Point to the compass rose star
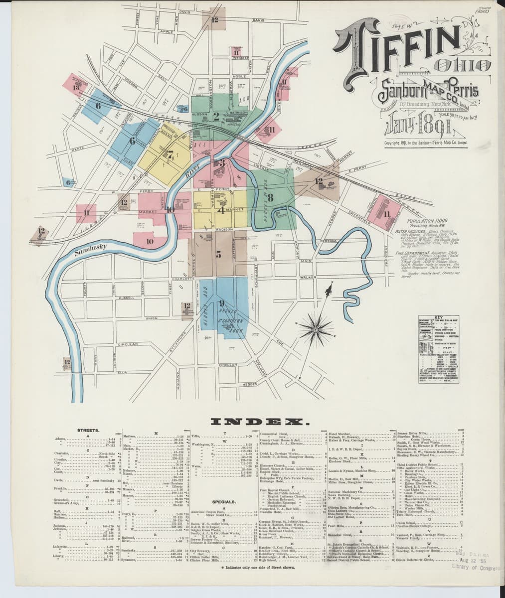tap(316, 328)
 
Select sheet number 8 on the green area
tap(271, 198)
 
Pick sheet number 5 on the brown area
tap(218, 255)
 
